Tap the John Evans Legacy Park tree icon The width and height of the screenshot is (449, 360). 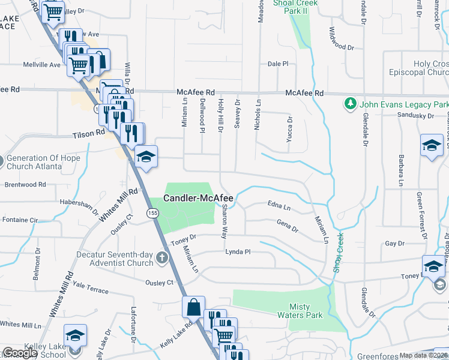pos(351,104)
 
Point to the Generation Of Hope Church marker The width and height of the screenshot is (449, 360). pos(1,161)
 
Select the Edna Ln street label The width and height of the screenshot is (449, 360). pos(279,208)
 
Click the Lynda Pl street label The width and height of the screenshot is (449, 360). pos(237,252)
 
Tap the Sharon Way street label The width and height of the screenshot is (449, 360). pos(224,221)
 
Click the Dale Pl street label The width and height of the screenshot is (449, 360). pos(278,64)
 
